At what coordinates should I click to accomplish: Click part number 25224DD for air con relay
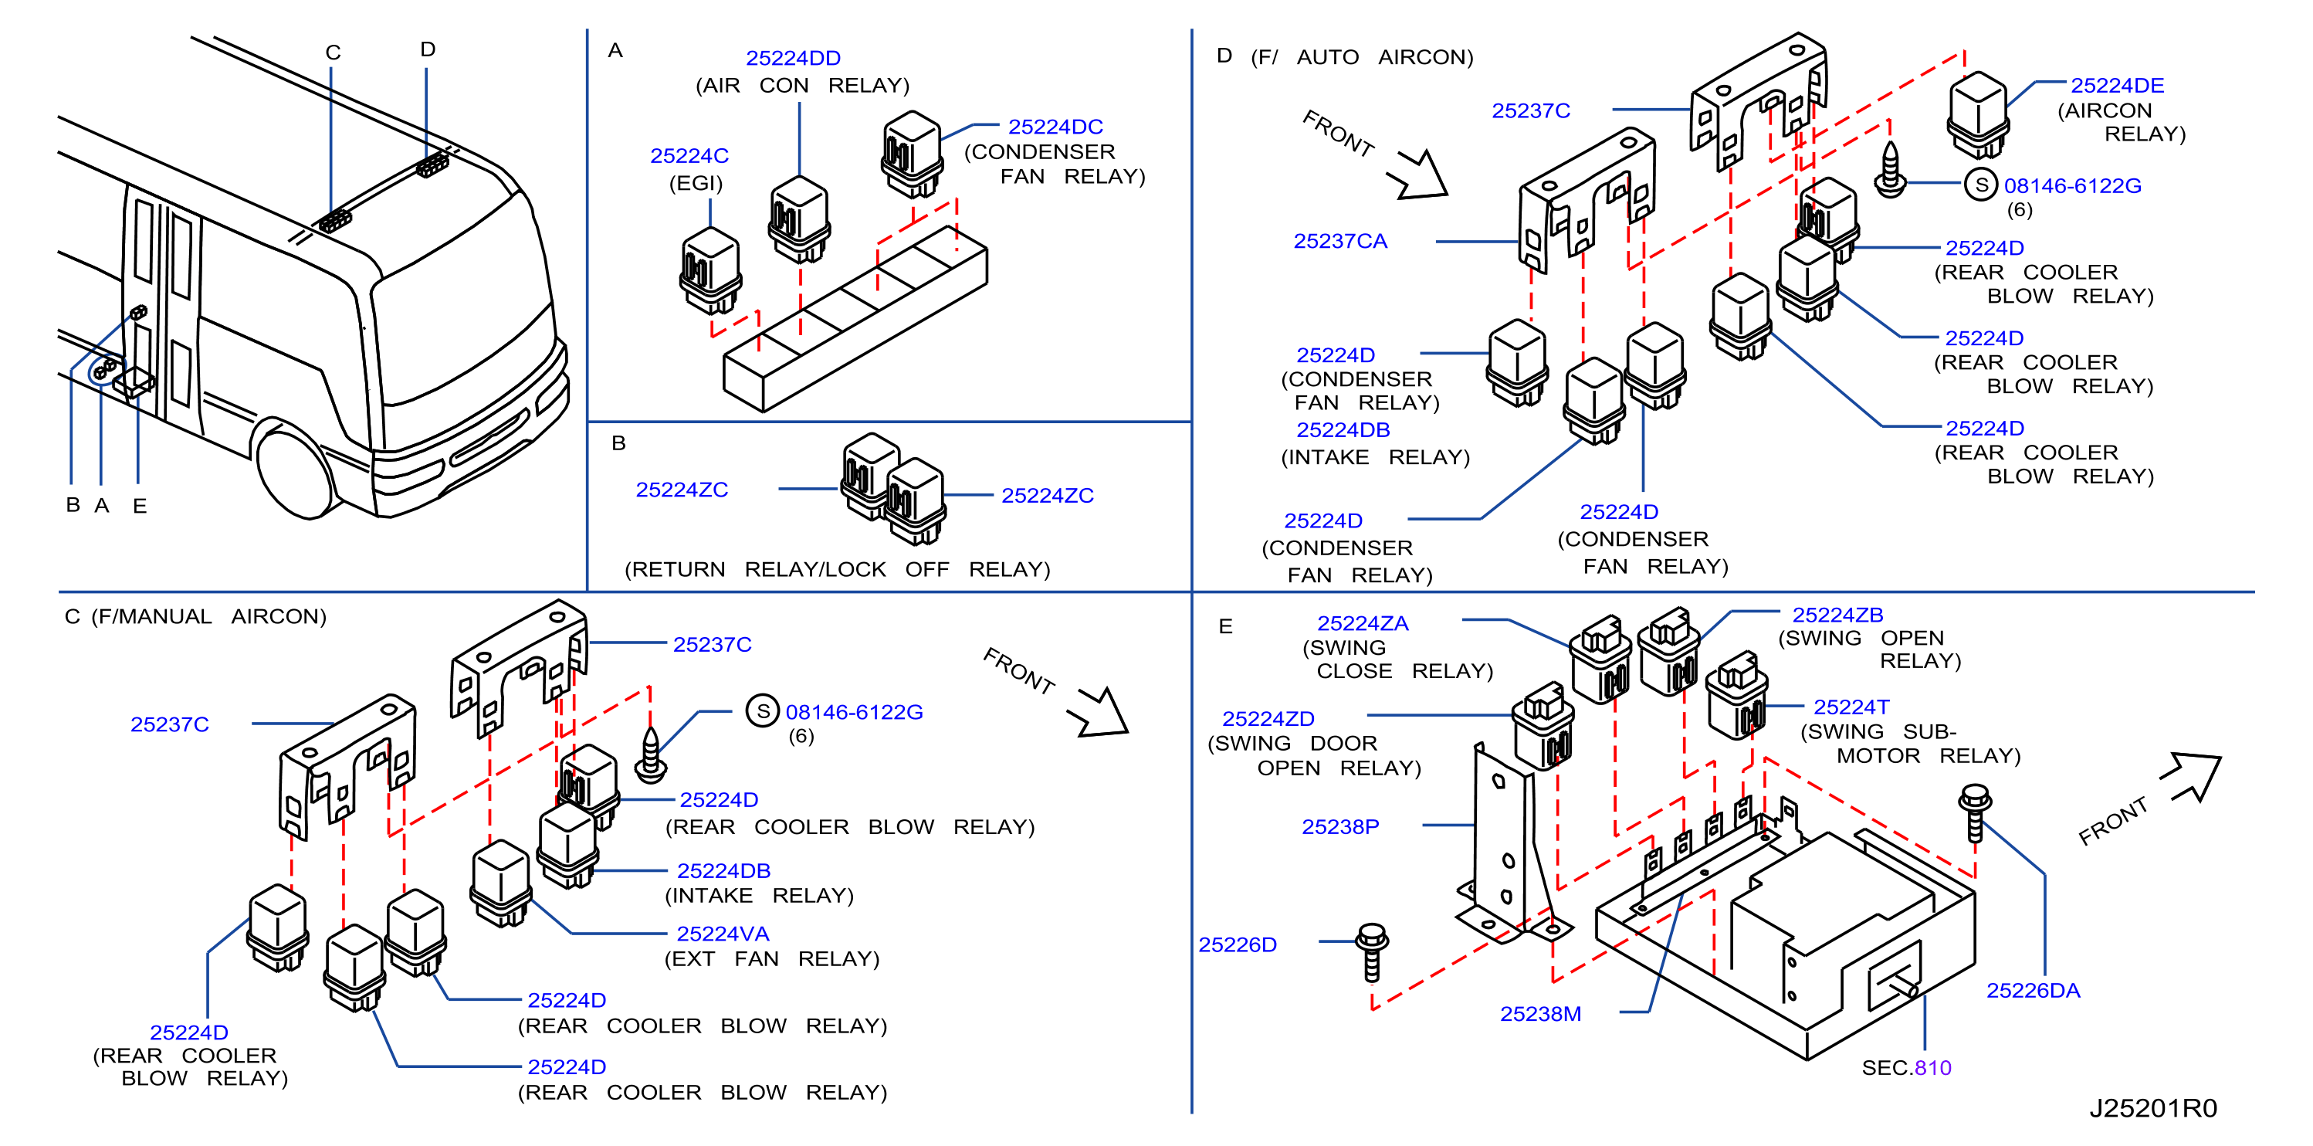(x=793, y=59)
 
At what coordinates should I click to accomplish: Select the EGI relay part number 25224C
(x=689, y=156)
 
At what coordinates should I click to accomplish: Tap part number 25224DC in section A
(x=1055, y=127)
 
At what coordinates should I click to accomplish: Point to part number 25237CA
(x=1339, y=242)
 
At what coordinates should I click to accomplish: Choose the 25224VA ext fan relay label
(x=723, y=934)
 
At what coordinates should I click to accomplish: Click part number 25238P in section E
(x=1339, y=827)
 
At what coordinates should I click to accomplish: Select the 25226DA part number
(x=2033, y=991)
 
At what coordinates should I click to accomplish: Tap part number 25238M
(x=1540, y=1014)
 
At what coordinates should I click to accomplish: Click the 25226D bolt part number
(x=1238, y=944)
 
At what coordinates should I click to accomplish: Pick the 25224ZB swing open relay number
(x=1837, y=615)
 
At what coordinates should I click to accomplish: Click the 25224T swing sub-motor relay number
(x=1851, y=707)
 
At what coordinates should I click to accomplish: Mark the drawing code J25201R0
(x=2153, y=1108)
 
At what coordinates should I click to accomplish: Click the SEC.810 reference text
(x=1906, y=1068)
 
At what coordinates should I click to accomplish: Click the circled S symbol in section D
(x=1981, y=185)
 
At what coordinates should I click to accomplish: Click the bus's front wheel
(x=293, y=470)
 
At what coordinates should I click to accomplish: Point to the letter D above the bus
(x=428, y=49)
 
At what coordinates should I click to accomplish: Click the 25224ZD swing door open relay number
(x=1268, y=720)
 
